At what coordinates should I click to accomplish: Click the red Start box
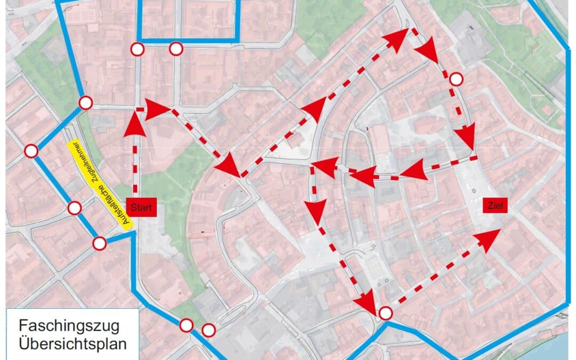(142, 207)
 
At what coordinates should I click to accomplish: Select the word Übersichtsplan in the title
(73, 343)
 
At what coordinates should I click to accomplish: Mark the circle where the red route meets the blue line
(385, 313)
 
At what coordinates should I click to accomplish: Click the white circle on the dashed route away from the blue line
(456, 79)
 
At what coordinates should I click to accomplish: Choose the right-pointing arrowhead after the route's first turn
(157, 109)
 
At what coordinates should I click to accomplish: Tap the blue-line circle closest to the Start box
(100, 244)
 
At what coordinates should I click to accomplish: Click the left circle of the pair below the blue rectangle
(138, 50)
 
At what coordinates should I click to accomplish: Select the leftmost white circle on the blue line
(31, 151)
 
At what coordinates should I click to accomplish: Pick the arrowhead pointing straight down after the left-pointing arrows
(317, 209)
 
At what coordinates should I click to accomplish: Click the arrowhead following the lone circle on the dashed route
(467, 137)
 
